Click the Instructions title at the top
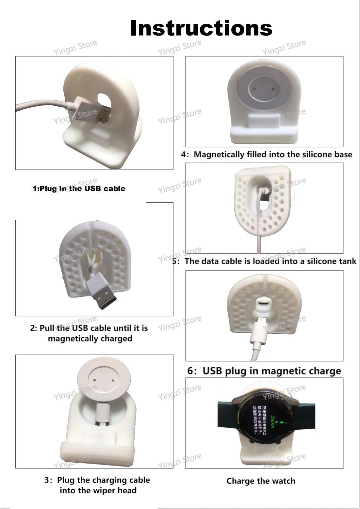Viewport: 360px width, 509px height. click(201, 28)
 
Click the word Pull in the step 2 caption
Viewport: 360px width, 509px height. click(47, 328)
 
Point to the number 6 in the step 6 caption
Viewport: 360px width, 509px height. click(191, 371)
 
